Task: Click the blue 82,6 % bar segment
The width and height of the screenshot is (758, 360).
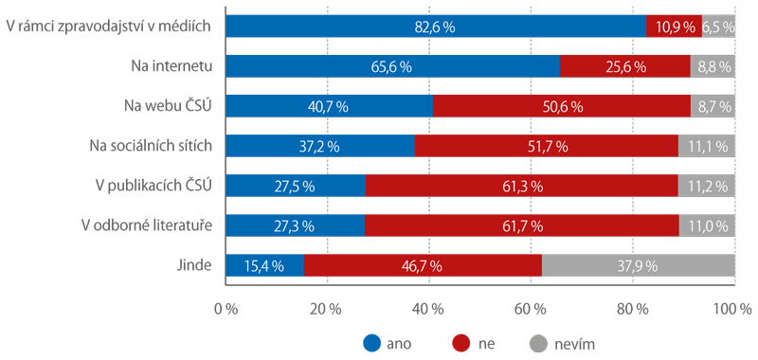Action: (436, 27)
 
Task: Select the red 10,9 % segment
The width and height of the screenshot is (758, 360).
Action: (674, 27)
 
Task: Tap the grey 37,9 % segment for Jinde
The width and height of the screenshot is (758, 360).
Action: (638, 266)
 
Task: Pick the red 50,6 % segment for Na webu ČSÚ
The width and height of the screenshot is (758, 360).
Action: (562, 106)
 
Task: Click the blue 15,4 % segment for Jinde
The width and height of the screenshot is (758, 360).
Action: (265, 266)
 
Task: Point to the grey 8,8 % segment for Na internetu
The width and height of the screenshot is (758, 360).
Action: (713, 66)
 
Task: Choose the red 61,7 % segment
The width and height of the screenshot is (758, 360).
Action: (522, 225)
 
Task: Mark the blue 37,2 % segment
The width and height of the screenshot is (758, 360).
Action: (320, 146)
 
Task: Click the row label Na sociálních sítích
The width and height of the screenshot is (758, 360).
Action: (151, 146)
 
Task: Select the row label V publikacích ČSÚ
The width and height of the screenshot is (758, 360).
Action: (153, 186)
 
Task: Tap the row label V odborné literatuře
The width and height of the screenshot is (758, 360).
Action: (147, 225)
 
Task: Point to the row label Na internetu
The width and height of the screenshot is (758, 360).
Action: (171, 66)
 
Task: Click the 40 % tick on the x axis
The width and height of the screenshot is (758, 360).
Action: (430, 308)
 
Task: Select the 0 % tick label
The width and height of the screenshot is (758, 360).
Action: (226, 308)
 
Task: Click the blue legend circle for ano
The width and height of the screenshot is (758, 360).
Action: (371, 344)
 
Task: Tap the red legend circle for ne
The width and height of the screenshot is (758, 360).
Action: (460, 344)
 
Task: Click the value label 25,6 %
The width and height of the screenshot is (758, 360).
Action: (626, 67)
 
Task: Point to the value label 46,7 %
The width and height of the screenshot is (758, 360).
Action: (422, 266)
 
